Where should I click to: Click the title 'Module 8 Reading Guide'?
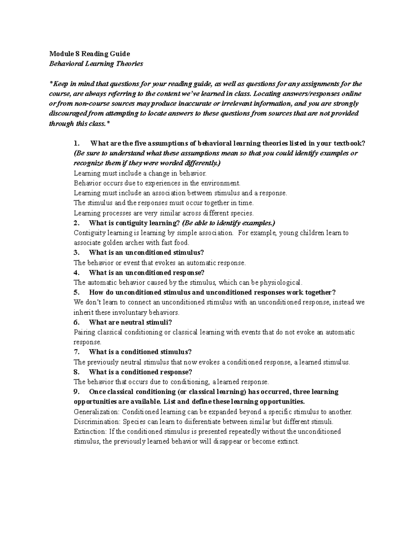click(x=89, y=54)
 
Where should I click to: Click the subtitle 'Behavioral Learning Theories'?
click(x=96, y=64)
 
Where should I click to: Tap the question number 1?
click(x=77, y=143)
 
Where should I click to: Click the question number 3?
click(x=77, y=253)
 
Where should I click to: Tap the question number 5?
click(x=77, y=292)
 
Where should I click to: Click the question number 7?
click(x=77, y=352)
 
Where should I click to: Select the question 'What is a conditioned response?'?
click(x=140, y=372)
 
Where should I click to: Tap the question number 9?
click(x=77, y=392)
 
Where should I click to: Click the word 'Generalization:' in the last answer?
click(x=92, y=412)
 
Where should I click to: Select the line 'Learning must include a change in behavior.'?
click(x=140, y=173)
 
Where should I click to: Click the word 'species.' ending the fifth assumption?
click(x=243, y=213)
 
